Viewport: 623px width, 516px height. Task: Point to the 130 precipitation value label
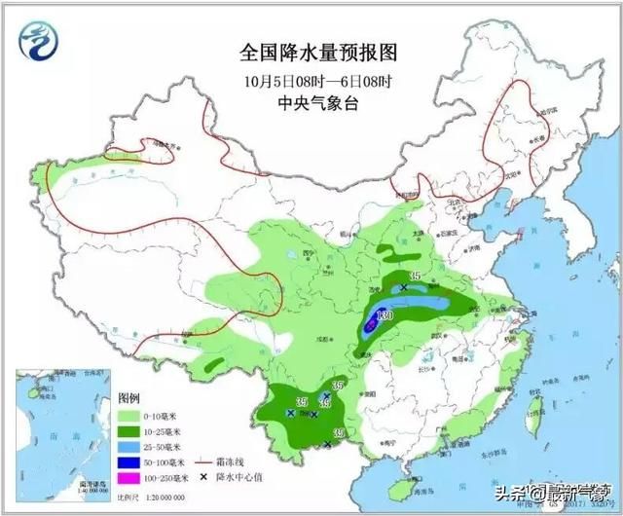[385, 316]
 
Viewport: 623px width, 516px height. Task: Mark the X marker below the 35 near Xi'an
[404, 288]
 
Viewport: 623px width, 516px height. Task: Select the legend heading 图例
[129, 399]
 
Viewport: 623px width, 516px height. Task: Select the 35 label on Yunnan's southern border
[339, 432]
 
